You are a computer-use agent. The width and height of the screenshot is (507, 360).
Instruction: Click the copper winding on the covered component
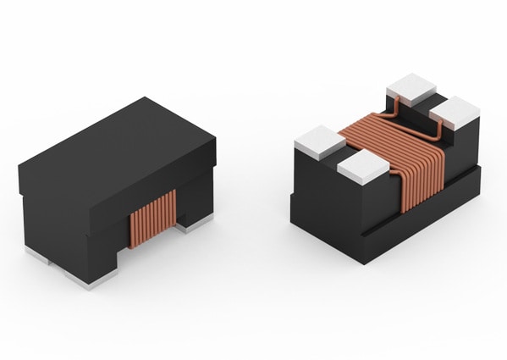point(152,218)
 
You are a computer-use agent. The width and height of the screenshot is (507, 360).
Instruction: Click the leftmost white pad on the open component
point(315,141)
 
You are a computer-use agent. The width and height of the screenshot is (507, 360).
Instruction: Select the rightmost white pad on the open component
point(455,111)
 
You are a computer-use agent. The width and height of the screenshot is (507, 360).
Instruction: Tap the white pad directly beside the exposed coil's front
point(362,168)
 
